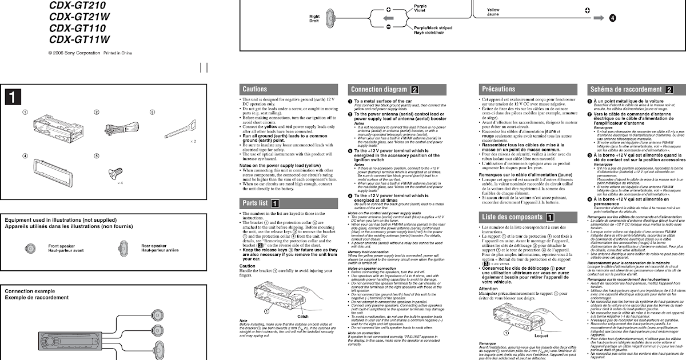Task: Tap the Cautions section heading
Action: [x=255, y=89]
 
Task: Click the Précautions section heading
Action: [x=498, y=89]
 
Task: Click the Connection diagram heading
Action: [x=379, y=89]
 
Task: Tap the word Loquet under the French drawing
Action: [x=540, y=336]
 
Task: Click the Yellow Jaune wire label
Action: [x=493, y=12]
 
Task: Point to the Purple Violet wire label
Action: [x=420, y=8]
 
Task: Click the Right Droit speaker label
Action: [x=314, y=19]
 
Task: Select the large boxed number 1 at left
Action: [x=13, y=98]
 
